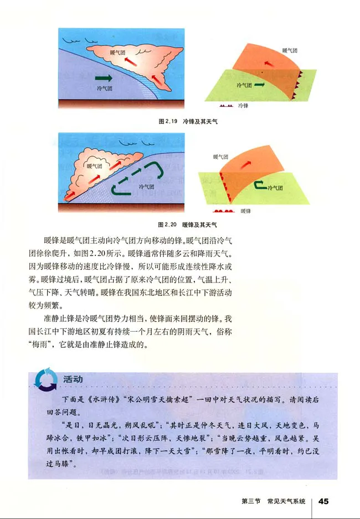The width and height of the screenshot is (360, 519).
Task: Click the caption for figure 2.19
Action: pyautogui.click(x=187, y=120)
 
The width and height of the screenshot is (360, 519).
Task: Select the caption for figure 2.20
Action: pyautogui.click(x=187, y=224)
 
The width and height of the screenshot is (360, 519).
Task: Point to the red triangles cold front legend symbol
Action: pyautogui.click(x=226, y=105)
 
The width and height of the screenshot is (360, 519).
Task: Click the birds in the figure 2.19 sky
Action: pyautogui.click(x=75, y=39)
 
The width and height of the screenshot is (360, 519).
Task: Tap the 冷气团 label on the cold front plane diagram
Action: pyautogui.click(x=244, y=86)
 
